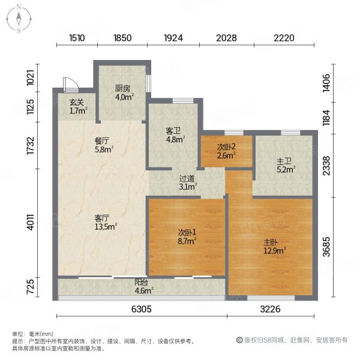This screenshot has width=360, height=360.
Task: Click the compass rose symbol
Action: [x=19, y=19]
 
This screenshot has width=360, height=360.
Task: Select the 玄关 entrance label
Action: [x=78, y=107]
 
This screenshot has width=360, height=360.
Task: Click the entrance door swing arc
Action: [x=74, y=83]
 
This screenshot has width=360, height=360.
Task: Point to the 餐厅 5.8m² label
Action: [x=104, y=145]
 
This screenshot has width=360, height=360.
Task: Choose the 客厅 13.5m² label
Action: [x=106, y=222]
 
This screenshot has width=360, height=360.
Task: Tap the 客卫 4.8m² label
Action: [x=176, y=135]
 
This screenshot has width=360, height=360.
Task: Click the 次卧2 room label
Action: [x=226, y=151]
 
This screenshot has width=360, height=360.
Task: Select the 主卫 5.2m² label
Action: [x=286, y=166]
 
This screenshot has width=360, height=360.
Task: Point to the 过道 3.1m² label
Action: [x=188, y=182]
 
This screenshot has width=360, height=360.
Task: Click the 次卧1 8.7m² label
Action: [x=187, y=237]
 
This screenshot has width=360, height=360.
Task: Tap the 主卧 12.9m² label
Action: [x=275, y=246]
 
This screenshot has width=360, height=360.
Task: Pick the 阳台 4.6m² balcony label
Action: [x=144, y=287]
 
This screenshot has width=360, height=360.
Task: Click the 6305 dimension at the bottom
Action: [x=142, y=309]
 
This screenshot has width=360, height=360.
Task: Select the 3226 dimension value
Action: [x=270, y=309]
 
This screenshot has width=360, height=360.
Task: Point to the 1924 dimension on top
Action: [x=173, y=38]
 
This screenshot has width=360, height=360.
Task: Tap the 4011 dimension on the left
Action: [x=31, y=222]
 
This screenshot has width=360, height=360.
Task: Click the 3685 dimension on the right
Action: [x=326, y=247]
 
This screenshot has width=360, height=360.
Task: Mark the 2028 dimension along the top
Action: [x=226, y=38]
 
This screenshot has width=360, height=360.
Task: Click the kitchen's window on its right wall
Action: [x=149, y=83]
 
